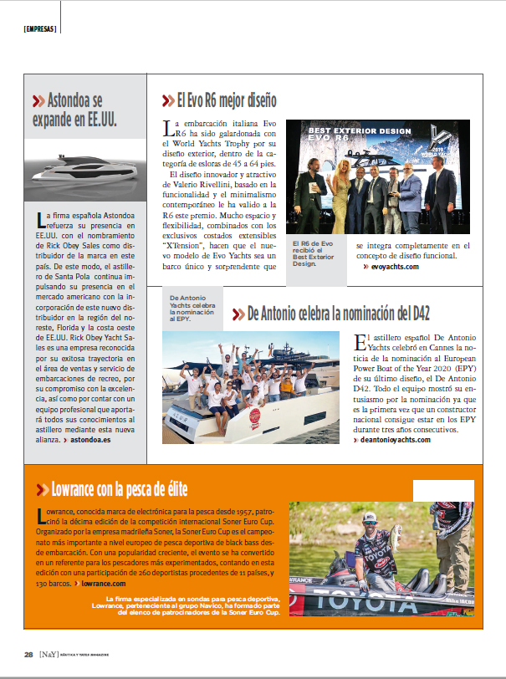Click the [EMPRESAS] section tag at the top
click(x=40, y=28)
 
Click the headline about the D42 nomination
click(x=338, y=314)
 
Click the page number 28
click(x=28, y=654)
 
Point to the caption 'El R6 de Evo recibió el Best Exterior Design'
click(x=313, y=253)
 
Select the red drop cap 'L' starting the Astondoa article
click(x=39, y=220)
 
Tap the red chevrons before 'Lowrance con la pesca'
click(x=40, y=489)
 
